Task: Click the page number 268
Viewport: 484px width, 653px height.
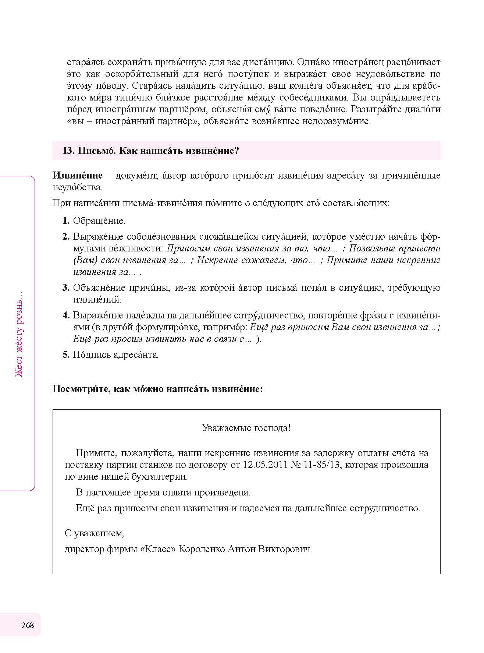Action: click(28, 625)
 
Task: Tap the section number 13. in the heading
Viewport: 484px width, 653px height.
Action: click(68, 151)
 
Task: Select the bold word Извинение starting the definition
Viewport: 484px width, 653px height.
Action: click(77, 176)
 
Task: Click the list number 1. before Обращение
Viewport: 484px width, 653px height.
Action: click(66, 221)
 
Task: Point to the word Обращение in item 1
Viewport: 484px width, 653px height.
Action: click(99, 221)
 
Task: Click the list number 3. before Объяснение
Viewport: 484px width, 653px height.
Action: click(66, 288)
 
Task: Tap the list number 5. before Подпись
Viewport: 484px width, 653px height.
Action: click(66, 355)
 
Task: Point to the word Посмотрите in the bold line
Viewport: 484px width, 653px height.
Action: click(80, 389)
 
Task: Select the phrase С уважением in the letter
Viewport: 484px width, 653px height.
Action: click(95, 533)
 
